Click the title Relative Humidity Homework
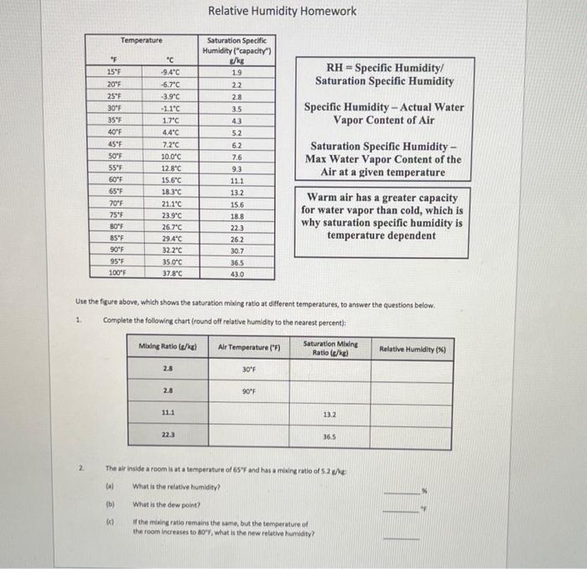pyautogui.click(x=282, y=11)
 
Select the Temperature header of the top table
pyautogui.click(x=142, y=40)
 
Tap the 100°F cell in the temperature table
pyautogui.click(x=115, y=273)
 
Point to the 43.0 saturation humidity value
pyautogui.click(x=236, y=273)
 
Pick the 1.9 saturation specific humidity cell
pyautogui.click(x=236, y=73)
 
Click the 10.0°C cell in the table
pyautogui.click(x=170, y=156)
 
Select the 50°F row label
pyautogui.click(x=115, y=156)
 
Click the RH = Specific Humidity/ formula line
pyautogui.click(x=385, y=68)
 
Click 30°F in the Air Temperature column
pyautogui.click(x=249, y=369)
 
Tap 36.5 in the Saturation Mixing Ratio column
pyautogui.click(x=330, y=436)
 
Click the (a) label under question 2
pyautogui.click(x=109, y=486)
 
